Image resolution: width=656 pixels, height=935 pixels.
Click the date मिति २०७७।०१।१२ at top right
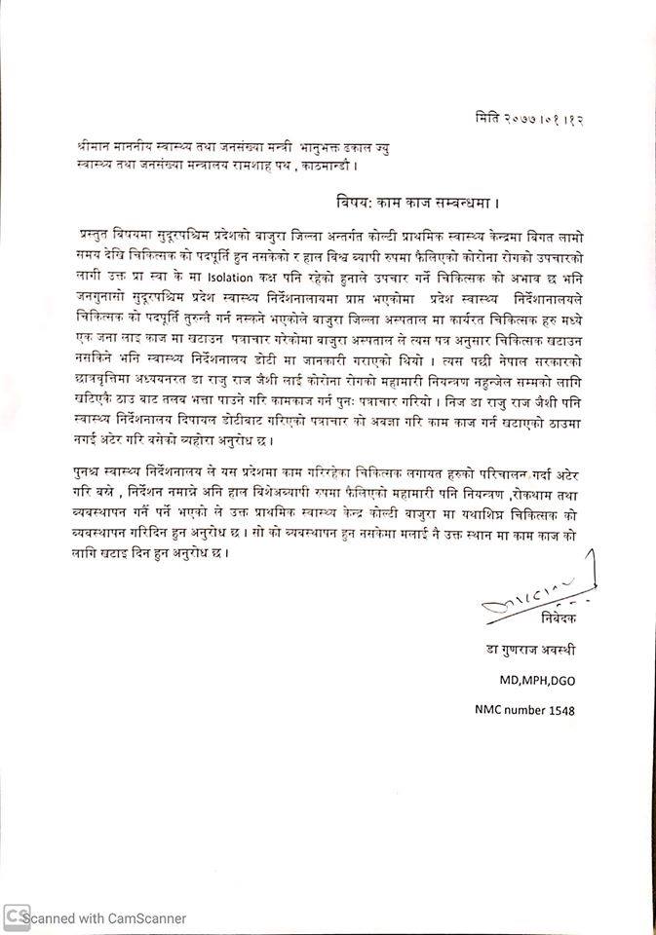click(x=531, y=116)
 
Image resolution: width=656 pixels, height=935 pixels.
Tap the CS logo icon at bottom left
click(x=14, y=916)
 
